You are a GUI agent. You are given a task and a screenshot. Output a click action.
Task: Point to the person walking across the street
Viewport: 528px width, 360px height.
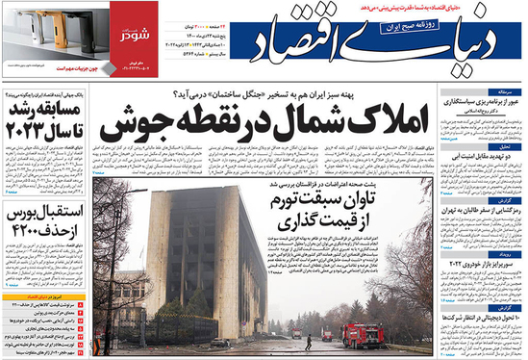(309, 342)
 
